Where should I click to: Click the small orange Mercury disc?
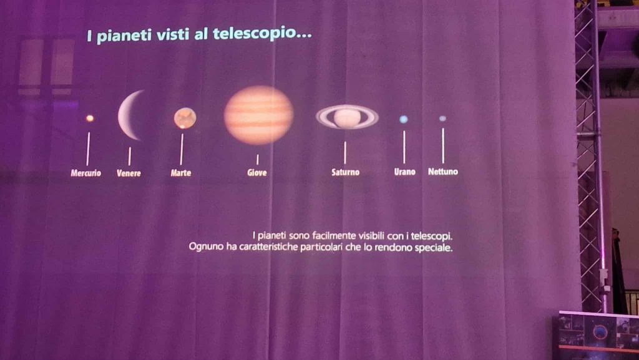[x=90, y=119]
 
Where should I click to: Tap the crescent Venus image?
[x=125, y=115]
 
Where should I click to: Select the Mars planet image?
[x=185, y=118]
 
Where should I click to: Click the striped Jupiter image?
[x=258, y=115]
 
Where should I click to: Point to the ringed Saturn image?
[x=347, y=117]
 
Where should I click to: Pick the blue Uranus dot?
[x=404, y=119]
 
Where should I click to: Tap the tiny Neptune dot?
[x=442, y=119]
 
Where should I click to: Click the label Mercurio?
[x=85, y=173]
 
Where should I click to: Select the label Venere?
[x=129, y=173]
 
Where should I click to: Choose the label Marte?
[x=181, y=173]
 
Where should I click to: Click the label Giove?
[x=257, y=173]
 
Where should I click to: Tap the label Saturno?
[x=346, y=172]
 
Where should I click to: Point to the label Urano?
[x=404, y=172]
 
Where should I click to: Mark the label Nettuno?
[x=443, y=172]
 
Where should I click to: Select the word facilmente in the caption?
[x=333, y=235]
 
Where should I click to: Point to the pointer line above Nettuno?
[x=443, y=146]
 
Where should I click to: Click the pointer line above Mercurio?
[x=88, y=148]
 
